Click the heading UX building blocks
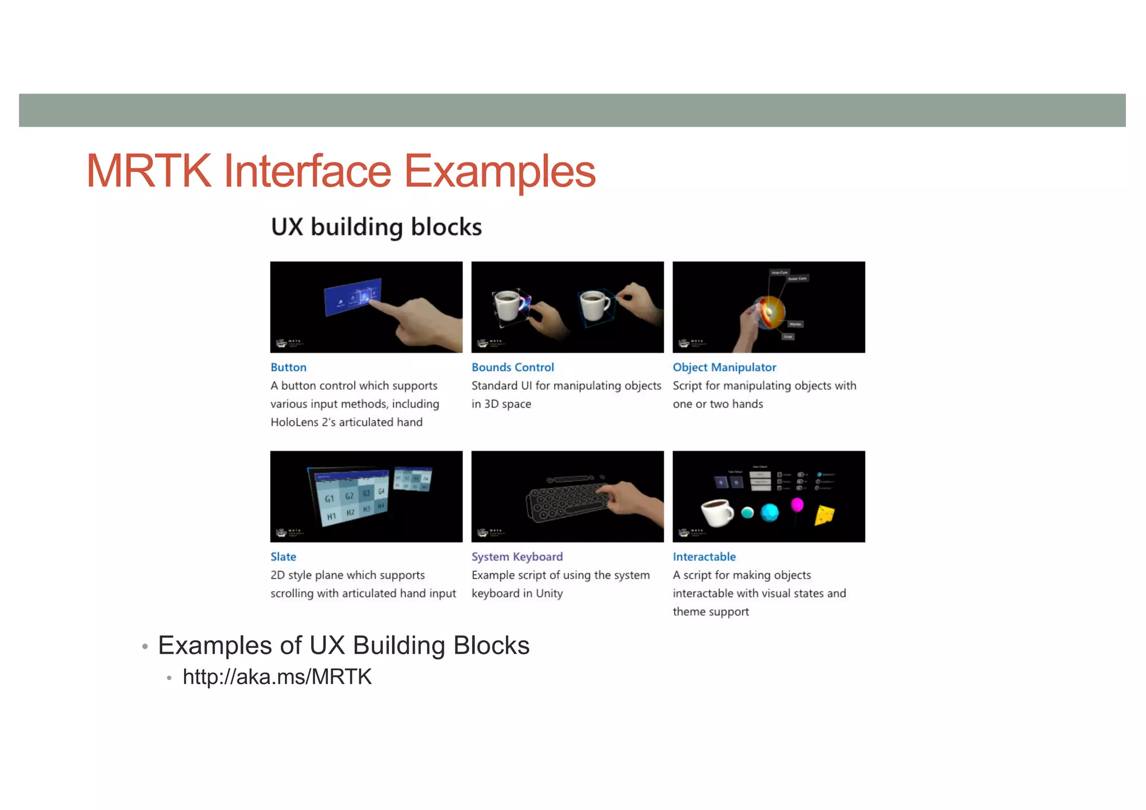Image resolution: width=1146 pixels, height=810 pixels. pyautogui.click(x=376, y=227)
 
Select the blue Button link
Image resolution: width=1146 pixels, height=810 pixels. pyautogui.click(x=288, y=368)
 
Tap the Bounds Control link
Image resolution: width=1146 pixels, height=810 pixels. pyautogui.click(x=513, y=368)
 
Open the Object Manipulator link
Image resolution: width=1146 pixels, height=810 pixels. pyautogui.click(x=724, y=368)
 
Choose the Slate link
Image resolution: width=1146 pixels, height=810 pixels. pyautogui.click(x=283, y=557)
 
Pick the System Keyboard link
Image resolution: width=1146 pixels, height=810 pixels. pyautogui.click(x=517, y=557)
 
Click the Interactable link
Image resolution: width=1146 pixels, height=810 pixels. pyautogui.click(x=704, y=557)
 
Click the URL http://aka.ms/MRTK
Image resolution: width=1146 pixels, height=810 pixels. pyautogui.click(x=277, y=677)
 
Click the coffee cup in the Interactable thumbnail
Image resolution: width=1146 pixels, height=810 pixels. pyautogui.click(x=717, y=512)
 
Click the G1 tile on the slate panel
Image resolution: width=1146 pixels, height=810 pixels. pyautogui.click(x=330, y=498)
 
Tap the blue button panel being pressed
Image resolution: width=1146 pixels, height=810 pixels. pyautogui.click(x=353, y=296)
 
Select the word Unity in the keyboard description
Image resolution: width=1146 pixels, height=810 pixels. pyautogui.click(x=549, y=594)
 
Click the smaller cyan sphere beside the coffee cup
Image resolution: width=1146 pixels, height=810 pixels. pyautogui.click(x=747, y=512)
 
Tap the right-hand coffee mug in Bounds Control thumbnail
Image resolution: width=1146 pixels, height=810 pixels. pyautogui.click(x=595, y=305)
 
